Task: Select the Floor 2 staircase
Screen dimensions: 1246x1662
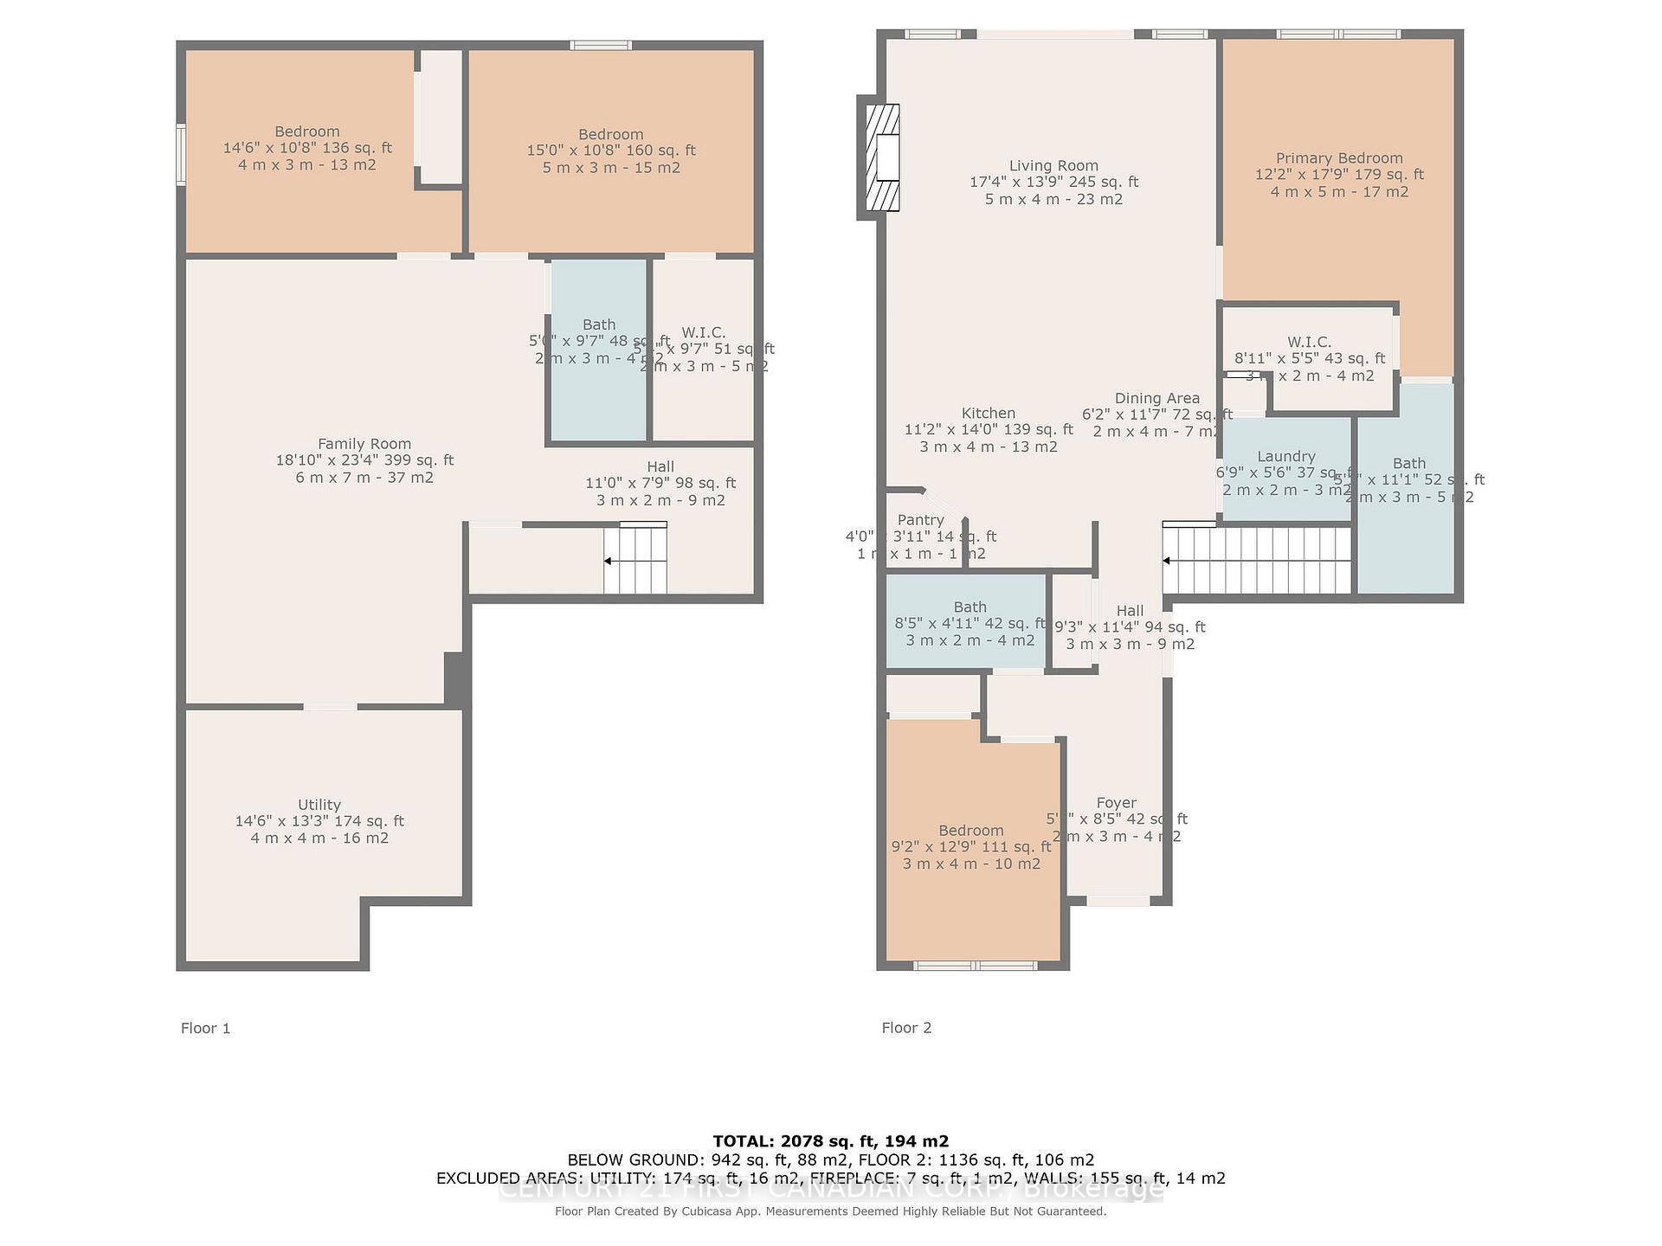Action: tap(1257, 560)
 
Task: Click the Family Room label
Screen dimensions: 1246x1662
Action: tap(364, 444)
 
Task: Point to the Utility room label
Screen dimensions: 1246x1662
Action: tap(319, 805)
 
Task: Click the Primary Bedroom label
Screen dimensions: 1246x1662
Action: tap(1339, 158)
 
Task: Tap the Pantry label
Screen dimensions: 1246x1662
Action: tap(920, 520)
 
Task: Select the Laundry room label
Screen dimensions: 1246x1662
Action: tap(1286, 457)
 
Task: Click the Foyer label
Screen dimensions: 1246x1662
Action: tap(1117, 803)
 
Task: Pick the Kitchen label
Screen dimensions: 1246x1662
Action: tap(989, 414)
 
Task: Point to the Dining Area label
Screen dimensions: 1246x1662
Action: tap(1157, 398)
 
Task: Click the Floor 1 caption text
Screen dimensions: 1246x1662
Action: tap(205, 1028)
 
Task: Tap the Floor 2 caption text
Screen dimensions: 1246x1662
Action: tap(906, 1028)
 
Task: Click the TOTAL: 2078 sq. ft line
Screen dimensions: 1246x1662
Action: tap(831, 1141)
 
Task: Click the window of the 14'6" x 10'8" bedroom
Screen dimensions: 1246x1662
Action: tap(181, 154)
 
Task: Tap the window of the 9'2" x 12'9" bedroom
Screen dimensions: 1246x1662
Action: tap(976, 965)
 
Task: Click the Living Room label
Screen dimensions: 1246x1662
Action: tap(1053, 166)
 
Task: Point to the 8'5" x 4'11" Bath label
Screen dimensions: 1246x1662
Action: tap(970, 607)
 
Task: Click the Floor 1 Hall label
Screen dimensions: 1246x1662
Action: tap(660, 467)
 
